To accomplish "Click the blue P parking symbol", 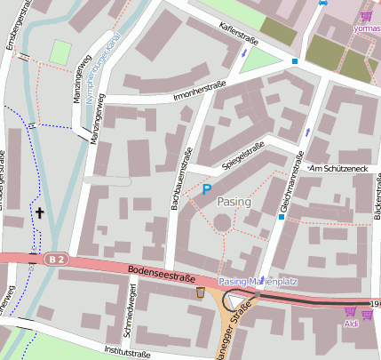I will [x=207, y=189].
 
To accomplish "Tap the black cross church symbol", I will [x=39, y=213].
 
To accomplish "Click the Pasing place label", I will [x=234, y=202].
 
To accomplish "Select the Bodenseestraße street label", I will [x=161, y=276].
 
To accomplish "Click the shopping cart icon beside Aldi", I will [x=350, y=312].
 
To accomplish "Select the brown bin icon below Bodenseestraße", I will [x=201, y=292].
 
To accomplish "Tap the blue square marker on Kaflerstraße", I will [x=295, y=61].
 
